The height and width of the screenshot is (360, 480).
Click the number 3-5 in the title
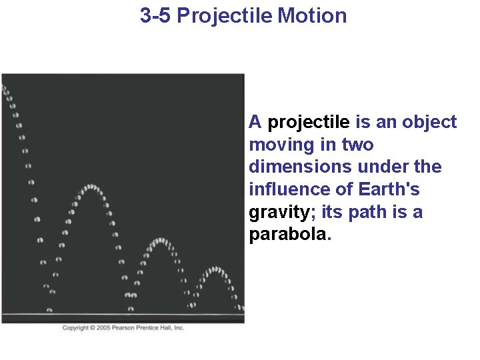[x=156, y=15]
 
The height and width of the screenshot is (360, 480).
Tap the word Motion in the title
[x=312, y=15]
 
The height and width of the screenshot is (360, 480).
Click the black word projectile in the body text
[x=308, y=122]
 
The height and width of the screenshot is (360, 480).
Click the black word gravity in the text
[x=279, y=213]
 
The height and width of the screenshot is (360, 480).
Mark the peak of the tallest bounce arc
[x=91, y=187]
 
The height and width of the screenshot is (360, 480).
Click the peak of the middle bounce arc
[x=159, y=239]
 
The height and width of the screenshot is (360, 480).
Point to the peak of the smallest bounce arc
[x=215, y=269]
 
